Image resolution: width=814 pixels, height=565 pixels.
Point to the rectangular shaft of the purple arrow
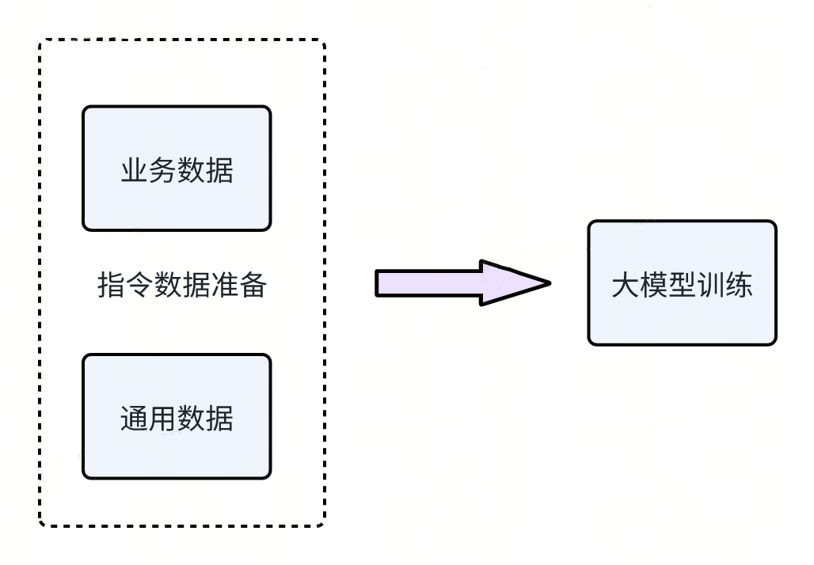tap(428, 283)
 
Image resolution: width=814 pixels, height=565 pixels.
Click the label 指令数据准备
tap(181, 285)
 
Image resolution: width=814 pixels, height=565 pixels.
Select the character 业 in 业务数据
tap(135, 170)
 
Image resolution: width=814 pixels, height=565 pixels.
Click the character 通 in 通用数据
tap(135, 418)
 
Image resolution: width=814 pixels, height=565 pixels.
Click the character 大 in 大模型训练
tap(625, 285)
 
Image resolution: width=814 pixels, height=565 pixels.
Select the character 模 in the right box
tap(653, 285)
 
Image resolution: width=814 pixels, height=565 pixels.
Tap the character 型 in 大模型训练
tap(682, 285)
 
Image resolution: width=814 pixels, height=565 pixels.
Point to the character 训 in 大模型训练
tap(710, 285)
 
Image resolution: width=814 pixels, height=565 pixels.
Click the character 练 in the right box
tap(739, 285)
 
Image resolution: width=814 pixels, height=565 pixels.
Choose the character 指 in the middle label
tap(111, 285)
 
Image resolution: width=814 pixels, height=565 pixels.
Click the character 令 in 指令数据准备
tap(139, 285)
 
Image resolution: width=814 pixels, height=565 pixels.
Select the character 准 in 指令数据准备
tap(224, 285)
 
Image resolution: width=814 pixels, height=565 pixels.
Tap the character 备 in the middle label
tap(253, 285)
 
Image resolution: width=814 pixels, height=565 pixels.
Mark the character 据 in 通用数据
tap(219, 418)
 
